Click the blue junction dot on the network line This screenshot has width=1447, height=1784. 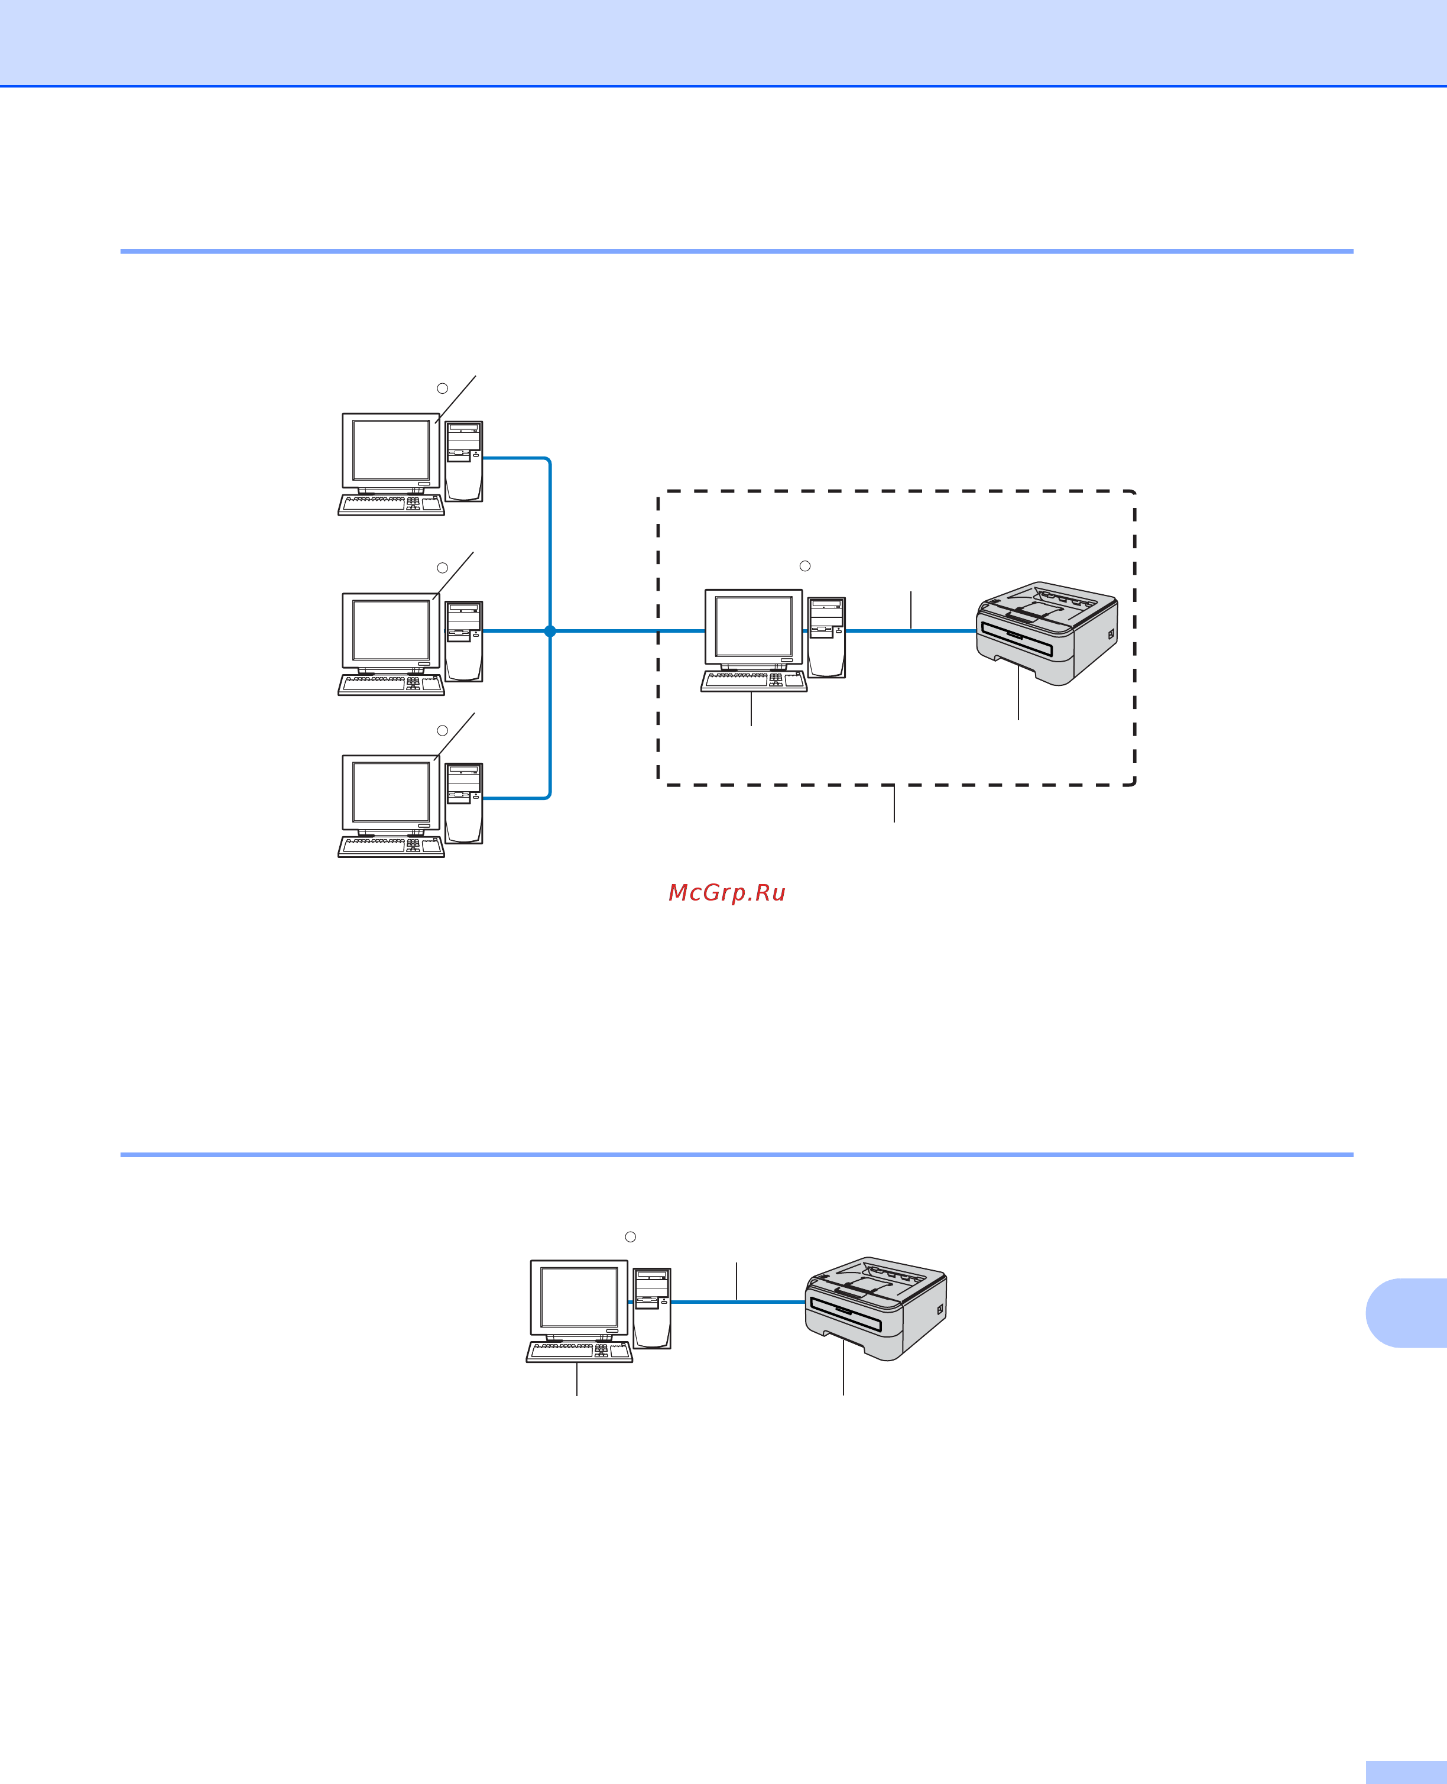550,631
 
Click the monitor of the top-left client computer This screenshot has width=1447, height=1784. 391,451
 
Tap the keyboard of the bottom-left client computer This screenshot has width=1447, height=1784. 391,846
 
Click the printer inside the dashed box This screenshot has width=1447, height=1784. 1047,633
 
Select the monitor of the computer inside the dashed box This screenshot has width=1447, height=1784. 754,627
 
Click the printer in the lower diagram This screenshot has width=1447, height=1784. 875,1308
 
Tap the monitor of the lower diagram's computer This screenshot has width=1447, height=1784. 579,1298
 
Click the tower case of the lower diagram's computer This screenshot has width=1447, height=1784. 652,1308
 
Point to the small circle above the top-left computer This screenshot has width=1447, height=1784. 443,388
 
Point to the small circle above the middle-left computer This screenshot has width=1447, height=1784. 443,568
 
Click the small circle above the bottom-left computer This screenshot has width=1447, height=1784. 443,730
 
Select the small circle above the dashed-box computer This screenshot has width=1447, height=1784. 805,566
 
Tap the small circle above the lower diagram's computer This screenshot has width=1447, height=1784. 631,1237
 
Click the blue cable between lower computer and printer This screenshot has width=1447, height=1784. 738,1302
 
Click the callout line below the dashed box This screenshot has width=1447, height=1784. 894,804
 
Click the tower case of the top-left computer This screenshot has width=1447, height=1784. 463,461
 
